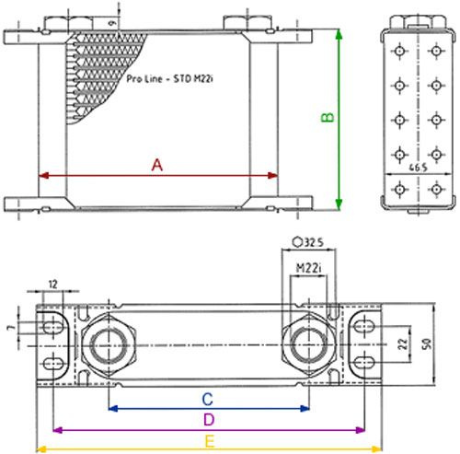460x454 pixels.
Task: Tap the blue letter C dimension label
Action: click(208, 399)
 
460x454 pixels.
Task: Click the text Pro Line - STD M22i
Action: click(169, 81)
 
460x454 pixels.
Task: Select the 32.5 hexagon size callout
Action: click(309, 244)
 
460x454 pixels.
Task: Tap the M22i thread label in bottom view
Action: click(308, 268)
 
